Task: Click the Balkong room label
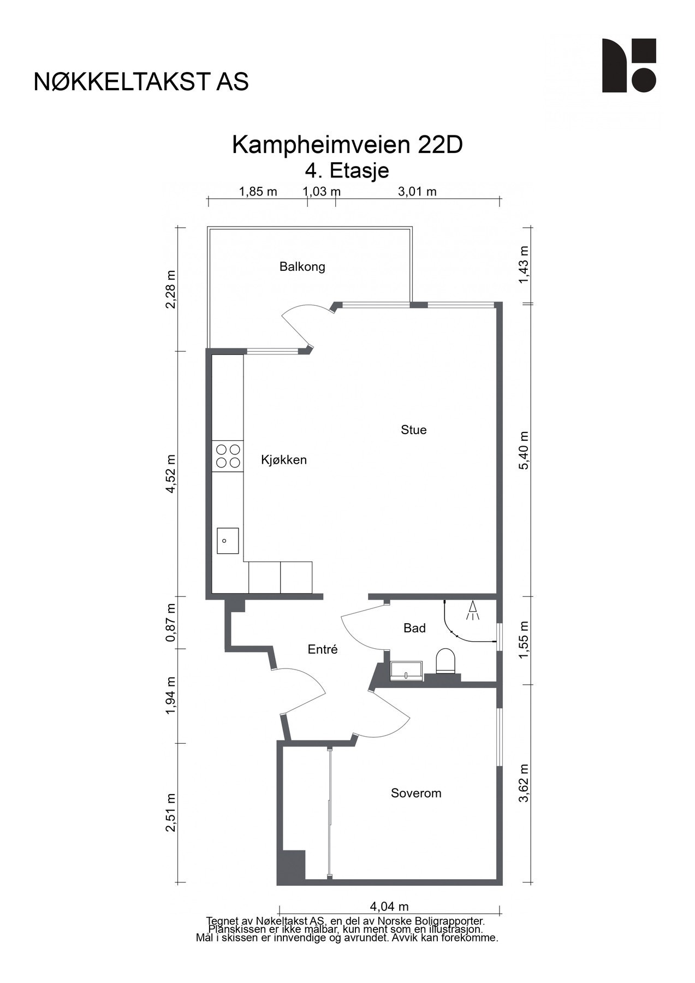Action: point(302,267)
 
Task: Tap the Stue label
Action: point(413,430)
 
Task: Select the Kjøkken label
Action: point(284,460)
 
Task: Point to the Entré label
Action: point(323,649)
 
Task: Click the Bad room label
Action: point(414,628)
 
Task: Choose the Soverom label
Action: point(416,793)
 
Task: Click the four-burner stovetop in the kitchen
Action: point(228,456)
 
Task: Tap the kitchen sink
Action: point(228,541)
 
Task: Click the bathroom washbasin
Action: point(407,671)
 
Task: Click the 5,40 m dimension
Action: point(524,450)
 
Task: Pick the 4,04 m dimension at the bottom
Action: point(389,907)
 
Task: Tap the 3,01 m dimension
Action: point(417,191)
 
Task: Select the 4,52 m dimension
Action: point(171,473)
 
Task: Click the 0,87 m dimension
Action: point(171,623)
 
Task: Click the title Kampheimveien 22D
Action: point(347,145)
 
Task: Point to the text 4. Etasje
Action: point(347,170)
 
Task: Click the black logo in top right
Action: point(629,65)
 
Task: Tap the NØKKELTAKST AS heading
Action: point(141,81)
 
